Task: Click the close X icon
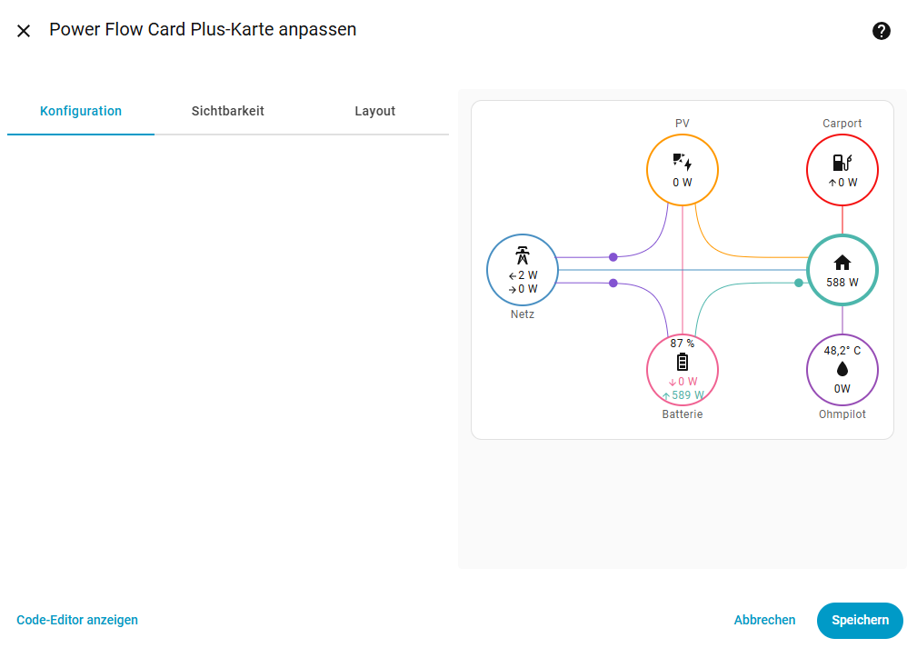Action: click(24, 31)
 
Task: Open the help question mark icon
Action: click(881, 31)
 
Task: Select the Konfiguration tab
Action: click(81, 111)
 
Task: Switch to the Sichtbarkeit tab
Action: click(228, 111)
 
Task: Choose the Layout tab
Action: click(374, 111)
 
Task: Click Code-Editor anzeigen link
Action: click(77, 620)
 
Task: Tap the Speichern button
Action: click(860, 620)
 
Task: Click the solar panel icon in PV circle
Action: click(683, 162)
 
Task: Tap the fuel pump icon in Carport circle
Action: click(842, 163)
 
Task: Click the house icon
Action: click(842, 263)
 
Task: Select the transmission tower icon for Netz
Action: click(523, 255)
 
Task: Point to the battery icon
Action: click(683, 363)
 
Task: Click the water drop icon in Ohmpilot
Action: click(842, 369)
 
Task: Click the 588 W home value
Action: click(842, 283)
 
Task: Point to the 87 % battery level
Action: click(683, 344)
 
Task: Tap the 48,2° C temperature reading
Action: click(842, 351)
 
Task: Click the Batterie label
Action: click(683, 414)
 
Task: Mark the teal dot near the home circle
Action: click(799, 283)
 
